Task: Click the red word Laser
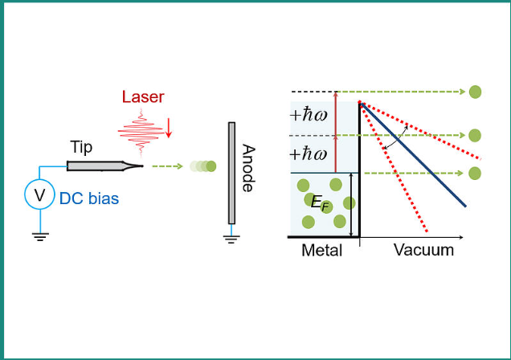pyautogui.click(x=143, y=97)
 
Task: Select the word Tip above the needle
pyautogui.click(x=81, y=147)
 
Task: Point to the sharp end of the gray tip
pyautogui.click(x=141, y=166)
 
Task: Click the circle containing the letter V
pyautogui.click(x=38, y=195)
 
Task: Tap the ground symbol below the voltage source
pyautogui.click(x=38, y=235)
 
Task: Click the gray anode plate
pyautogui.click(x=231, y=173)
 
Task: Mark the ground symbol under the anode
pyautogui.click(x=231, y=236)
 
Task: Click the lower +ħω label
pyautogui.click(x=308, y=153)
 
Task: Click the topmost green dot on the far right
pyautogui.click(x=475, y=92)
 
